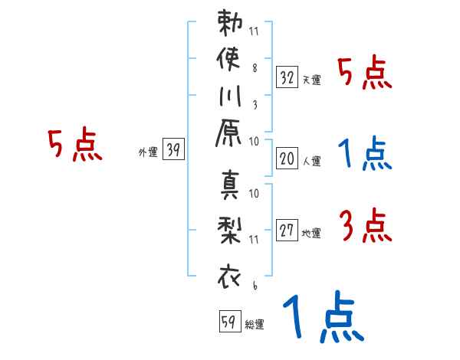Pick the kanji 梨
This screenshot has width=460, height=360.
click(230, 230)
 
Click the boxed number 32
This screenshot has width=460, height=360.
click(287, 77)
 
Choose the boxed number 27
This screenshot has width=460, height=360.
click(287, 231)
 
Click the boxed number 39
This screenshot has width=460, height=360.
click(173, 150)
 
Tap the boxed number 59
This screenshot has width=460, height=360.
click(229, 322)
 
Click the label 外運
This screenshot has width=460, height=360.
click(148, 152)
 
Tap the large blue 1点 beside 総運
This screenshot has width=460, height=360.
click(322, 317)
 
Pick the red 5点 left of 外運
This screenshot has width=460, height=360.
click(75, 146)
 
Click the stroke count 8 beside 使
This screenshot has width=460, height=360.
click(255, 67)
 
